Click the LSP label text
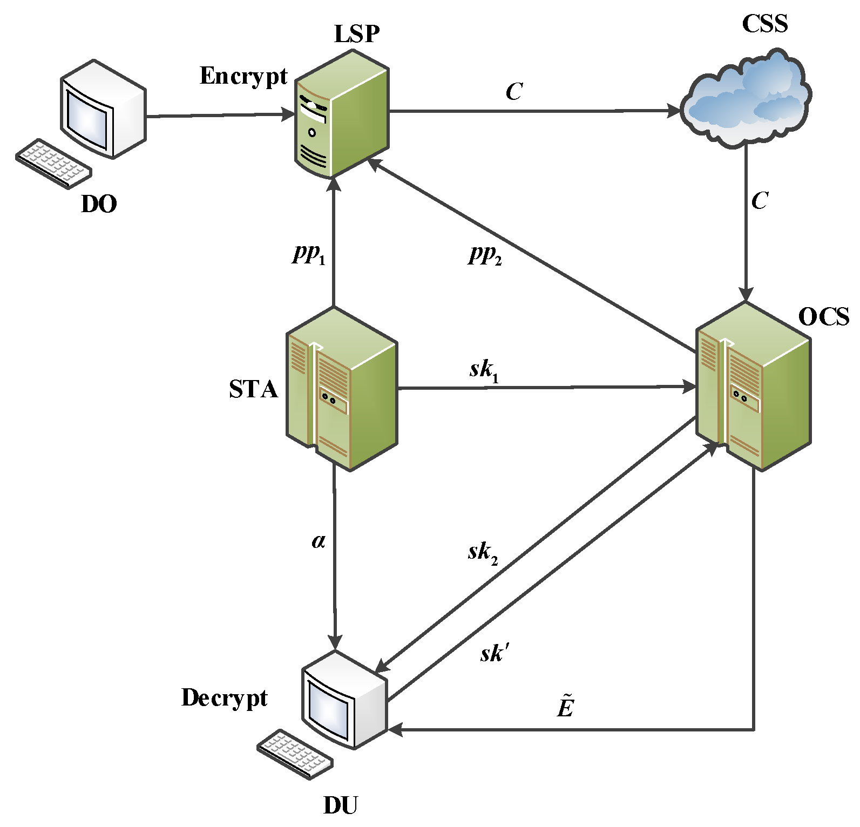point(357,34)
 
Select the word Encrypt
point(243,77)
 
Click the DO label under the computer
point(99,205)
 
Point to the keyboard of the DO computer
point(53,164)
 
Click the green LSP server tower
point(341,115)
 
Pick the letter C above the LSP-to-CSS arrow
point(514,92)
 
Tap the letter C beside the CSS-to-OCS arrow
point(760,201)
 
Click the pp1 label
point(309,253)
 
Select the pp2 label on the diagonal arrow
point(485,254)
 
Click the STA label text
point(253,390)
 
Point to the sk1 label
point(484,370)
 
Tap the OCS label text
point(823,317)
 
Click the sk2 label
point(483,553)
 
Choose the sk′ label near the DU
point(494,653)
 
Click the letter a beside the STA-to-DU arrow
point(319,540)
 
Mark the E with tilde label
point(565,707)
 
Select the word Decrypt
point(224,698)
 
